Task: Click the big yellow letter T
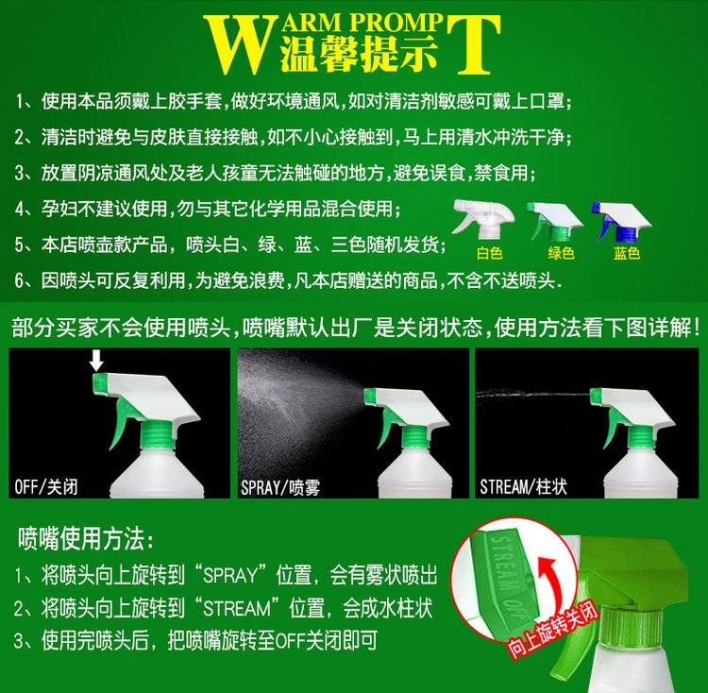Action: tap(474, 44)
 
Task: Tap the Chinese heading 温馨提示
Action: tap(360, 55)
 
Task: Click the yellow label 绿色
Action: tap(562, 253)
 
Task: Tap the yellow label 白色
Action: tap(489, 253)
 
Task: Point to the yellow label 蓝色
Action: tap(627, 253)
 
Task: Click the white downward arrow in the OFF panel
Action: tap(96, 361)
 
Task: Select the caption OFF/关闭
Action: tap(46, 487)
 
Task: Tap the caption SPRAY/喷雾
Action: tap(280, 487)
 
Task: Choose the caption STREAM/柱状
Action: tap(523, 487)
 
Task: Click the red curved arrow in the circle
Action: tap(550, 579)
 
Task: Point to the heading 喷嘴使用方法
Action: tap(85, 538)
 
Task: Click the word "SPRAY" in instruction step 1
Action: tap(230, 576)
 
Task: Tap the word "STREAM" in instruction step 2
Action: tap(237, 609)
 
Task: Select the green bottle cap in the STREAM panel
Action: tap(641, 437)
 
